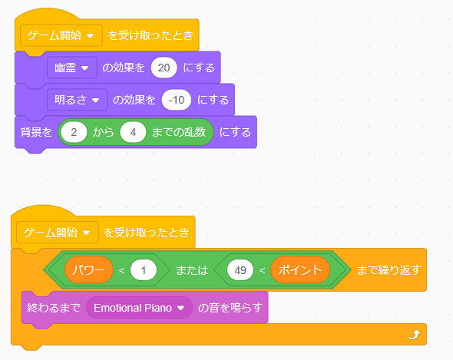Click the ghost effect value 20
pyautogui.click(x=164, y=68)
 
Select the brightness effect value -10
pyautogui.click(x=177, y=100)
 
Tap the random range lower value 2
pyautogui.click(x=74, y=132)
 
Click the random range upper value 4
pyautogui.click(x=133, y=132)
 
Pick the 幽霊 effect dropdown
pyautogui.click(x=72, y=68)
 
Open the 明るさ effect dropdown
pyautogui.click(x=77, y=100)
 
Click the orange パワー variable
pyautogui.click(x=89, y=270)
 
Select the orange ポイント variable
pyautogui.click(x=300, y=270)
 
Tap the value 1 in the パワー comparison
pyautogui.click(x=144, y=270)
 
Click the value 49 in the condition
pyautogui.click(x=240, y=270)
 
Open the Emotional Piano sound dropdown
pyautogui.click(x=139, y=308)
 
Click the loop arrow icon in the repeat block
pyautogui.click(x=414, y=335)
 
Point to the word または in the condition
pyautogui.click(x=192, y=270)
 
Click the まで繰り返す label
pyautogui.click(x=389, y=270)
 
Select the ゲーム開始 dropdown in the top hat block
pyautogui.click(x=61, y=35)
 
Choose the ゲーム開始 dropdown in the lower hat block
pyautogui.click(x=58, y=233)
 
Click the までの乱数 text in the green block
pyautogui.click(x=179, y=132)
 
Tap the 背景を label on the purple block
pyautogui.click(x=36, y=132)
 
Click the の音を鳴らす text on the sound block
pyautogui.click(x=230, y=308)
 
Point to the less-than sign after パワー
pyautogui.click(x=121, y=270)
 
